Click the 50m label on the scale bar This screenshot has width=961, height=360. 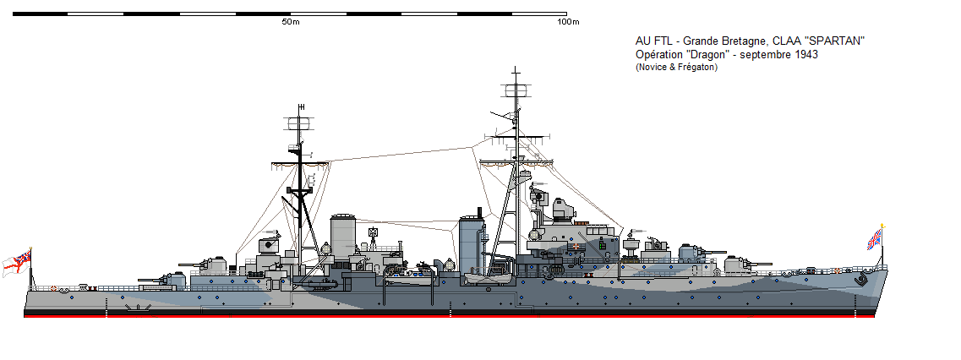tap(291, 22)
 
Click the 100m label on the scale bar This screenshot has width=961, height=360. tap(567, 22)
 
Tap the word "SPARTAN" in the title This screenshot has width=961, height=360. tap(834, 41)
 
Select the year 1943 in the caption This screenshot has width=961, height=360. tap(806, 54)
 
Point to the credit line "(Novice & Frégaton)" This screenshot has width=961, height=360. tap(676, 67)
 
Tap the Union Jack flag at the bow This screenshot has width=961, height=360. tap(875, 238)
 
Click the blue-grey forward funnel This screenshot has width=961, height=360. tap(471, 245)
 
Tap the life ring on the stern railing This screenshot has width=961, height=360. tap(56, 287)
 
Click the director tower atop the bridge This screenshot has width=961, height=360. tap(563, 210)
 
